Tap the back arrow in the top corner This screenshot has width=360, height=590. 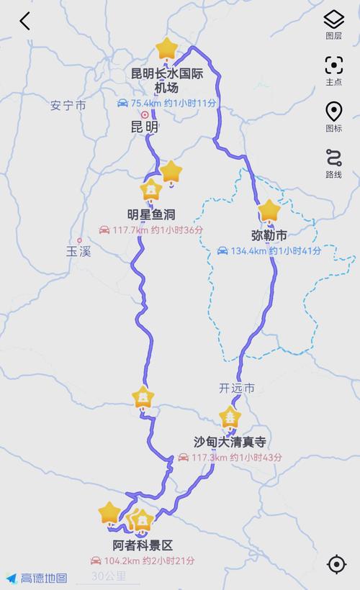25,22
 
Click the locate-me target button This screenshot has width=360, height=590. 336,564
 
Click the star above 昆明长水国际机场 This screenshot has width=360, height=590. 166,49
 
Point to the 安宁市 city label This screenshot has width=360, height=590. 68,105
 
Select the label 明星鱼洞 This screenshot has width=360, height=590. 151,214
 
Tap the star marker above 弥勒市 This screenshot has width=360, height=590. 269,211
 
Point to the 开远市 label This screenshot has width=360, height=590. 237,388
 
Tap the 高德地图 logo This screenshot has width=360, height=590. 37,578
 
